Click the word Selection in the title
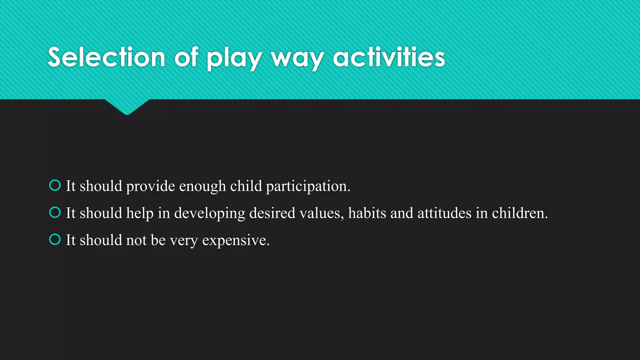pos(106,57)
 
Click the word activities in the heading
pos(389,57)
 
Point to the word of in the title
pos(186,57)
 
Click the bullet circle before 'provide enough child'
pos(55,185)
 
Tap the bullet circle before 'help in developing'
pos(55,212)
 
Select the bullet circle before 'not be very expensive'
pos(55,240)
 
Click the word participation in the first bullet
pos(308,187)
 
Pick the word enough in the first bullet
pos(202,187)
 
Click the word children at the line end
pos(520,213)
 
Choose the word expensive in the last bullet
pos(236,241)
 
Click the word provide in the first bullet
pos(150,187)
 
